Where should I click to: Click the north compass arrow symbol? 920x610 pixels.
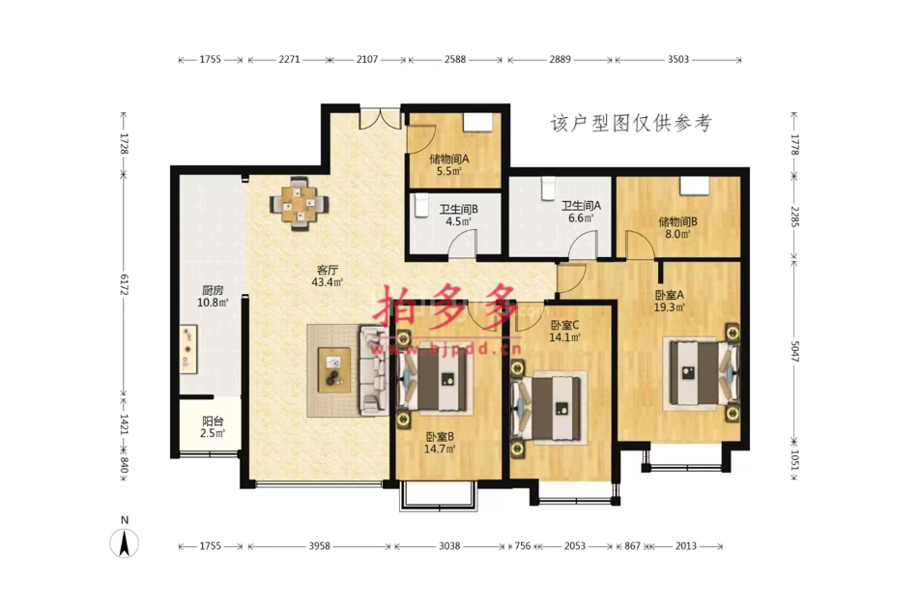click(125, 542)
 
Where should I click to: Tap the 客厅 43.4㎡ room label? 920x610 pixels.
click(327, 276)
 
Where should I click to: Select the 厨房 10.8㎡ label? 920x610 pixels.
click(213, 297)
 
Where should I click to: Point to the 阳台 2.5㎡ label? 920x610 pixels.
click(213, 427)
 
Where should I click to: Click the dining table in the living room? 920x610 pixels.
click(300, 204)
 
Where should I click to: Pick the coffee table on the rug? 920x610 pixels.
click(333, 370)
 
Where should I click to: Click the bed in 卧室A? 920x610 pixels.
click(698, 373)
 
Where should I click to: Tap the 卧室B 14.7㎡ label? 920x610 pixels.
click(440, 443)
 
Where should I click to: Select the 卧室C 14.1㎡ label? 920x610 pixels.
click(564, 332)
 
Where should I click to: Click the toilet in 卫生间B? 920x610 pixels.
click(420, 207)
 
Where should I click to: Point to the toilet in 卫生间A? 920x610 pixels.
click(548, 189)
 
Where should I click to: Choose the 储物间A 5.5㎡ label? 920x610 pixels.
click(448, 165)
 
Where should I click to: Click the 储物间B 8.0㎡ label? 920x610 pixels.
click(677, 228)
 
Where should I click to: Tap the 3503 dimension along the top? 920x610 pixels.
click(678, 59)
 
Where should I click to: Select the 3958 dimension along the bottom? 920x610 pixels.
click(319, 546)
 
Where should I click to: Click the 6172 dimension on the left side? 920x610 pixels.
click(124, 284)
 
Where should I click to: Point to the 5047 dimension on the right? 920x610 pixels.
click(794, 351)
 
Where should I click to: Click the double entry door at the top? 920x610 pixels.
click(380, 117)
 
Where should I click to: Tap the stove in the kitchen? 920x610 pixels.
click(188, 349)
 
